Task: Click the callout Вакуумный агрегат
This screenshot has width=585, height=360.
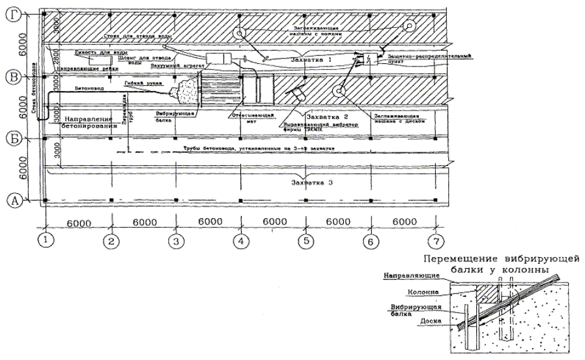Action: tap(171, 65)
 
